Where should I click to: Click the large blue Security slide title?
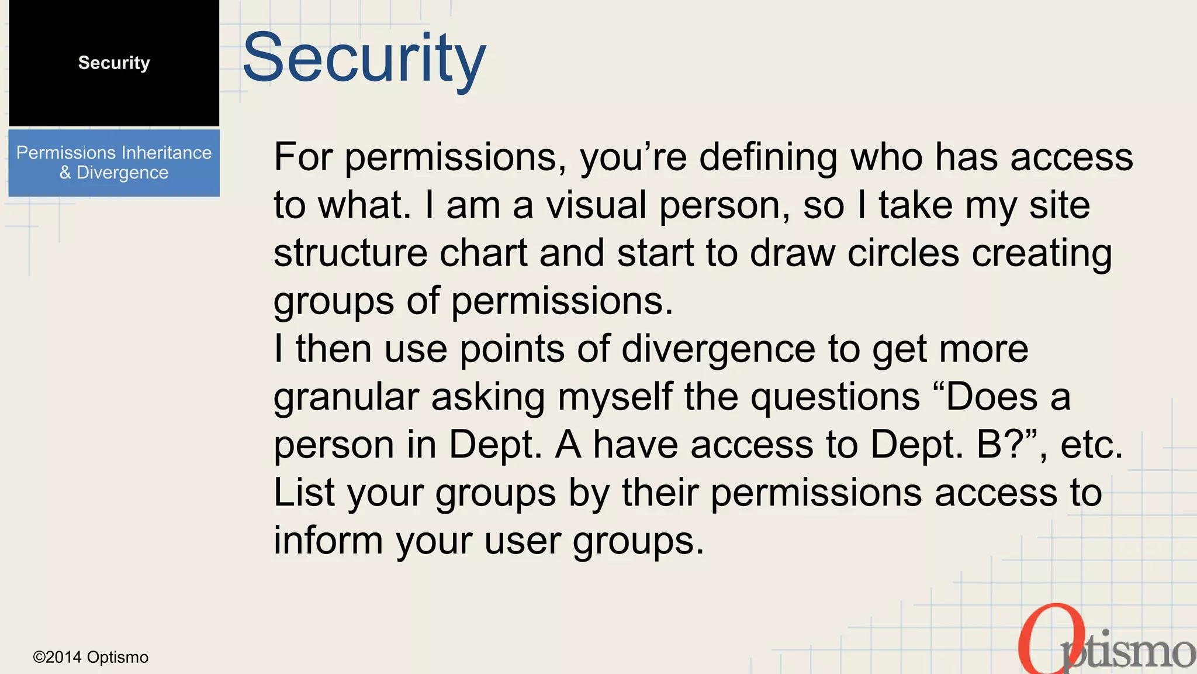tap(364, 59)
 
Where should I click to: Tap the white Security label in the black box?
tap(114, 63)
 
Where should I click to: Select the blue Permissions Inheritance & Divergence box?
tap(114, 163)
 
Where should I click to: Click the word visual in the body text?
tap(596, 205)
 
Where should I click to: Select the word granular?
tap(346, 398)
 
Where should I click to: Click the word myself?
tap(615, 398)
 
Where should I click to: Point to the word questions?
tap(835, 398)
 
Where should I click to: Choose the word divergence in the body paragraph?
tap(718, 349)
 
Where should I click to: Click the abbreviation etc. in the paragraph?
tap(1091, 445)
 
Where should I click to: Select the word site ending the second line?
tap(1059, 205)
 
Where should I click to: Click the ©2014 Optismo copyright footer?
tap(91, 658)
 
